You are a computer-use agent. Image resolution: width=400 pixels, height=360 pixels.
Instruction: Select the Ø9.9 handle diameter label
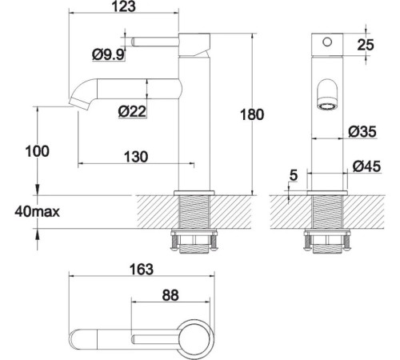click(108, 54)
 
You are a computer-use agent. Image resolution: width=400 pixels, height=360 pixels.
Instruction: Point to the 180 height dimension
click(251, 114)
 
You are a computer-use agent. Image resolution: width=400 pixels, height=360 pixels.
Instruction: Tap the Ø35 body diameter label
click(364, 130)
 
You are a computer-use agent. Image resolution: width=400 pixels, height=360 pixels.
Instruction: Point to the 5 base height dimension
click(294, 174)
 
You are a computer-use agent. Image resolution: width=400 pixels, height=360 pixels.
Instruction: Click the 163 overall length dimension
click(141, 270)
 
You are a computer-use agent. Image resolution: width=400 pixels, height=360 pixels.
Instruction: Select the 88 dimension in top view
click(169, 294)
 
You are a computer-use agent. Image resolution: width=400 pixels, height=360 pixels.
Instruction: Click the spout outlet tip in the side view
click(78, 103)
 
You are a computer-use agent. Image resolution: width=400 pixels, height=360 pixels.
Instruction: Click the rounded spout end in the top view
click(78, 337)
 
